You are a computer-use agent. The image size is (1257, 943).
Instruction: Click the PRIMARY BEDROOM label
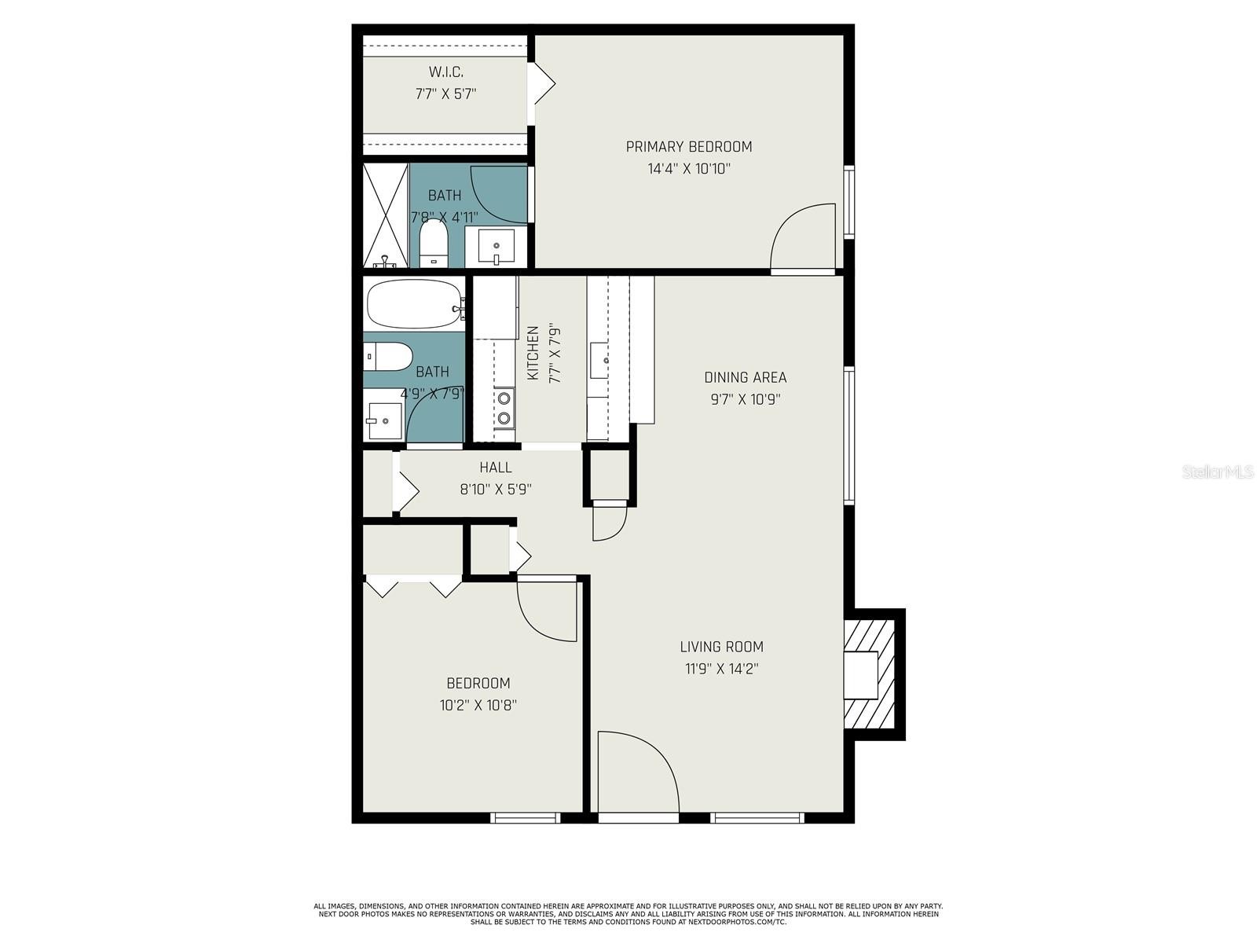[688, 147]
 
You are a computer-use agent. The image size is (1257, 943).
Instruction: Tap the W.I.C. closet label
[445, 72]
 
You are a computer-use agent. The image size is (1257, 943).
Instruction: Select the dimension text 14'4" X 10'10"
[689, 169]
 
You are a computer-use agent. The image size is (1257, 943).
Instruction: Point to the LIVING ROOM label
[721, 647]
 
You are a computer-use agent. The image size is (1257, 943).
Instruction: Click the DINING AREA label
[745, 377]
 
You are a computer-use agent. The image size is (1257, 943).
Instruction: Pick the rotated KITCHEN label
[533, 353]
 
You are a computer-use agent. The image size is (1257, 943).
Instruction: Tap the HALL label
[496, 468]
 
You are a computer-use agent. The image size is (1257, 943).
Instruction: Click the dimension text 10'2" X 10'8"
[478, 706]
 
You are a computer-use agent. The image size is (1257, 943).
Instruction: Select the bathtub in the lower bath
[415, 304]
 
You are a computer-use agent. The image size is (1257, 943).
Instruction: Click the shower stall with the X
[386, 215]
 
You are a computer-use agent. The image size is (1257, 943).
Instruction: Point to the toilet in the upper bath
[434, 243]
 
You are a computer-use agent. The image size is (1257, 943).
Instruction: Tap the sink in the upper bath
[496, 246]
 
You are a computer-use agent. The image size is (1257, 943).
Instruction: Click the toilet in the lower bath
[388, 357]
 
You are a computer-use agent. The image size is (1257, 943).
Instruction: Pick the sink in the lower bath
[385, 421]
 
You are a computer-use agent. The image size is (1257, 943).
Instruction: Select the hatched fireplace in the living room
[869, 674]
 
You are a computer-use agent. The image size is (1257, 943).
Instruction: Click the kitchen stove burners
[504, 408]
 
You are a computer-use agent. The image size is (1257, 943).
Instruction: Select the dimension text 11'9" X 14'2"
[722, 669]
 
